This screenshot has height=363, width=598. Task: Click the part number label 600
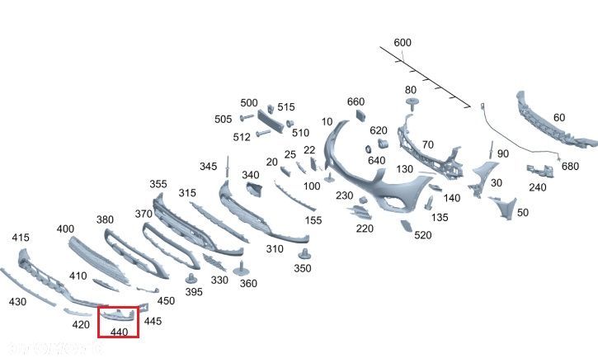click(x=403, y=43)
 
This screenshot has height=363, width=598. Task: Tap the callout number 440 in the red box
click(x=120, y=332)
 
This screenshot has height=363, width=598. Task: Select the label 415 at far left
click(x=21, y=238)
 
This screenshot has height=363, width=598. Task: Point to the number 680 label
click(x=570, y=166)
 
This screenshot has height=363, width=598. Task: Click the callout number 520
click(x=423, y=235)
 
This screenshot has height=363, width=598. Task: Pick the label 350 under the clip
click(x=303, y=268)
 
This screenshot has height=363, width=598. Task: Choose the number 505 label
click(x=224, y=119)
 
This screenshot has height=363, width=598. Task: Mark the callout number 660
click(x=356, y=101)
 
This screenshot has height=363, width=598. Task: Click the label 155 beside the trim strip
click(x=313, y=220)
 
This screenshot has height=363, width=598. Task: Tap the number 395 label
click(x=193, y=292)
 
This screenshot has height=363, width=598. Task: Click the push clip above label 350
click(x=304, y=251)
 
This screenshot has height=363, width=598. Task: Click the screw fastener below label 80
click(x=412, y=104)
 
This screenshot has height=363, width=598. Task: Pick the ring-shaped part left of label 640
click(x=367, y=149)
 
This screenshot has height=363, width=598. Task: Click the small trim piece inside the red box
click(x=118, y=314)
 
